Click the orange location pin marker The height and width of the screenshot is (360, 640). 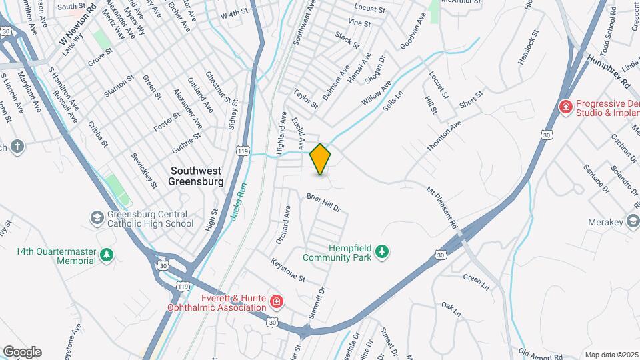pyautogui.click(x=321, y=159)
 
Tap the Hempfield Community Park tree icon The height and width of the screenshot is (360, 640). pyautogui.click(x=382, y=251)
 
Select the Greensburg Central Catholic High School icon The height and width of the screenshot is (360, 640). pyautogui.click(x=97, y=218)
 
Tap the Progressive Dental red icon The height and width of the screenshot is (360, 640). pyautogui.click(x=566, y=107)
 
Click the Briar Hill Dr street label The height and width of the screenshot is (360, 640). pyautogui.click(x=324, y=202)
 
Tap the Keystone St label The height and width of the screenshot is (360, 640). pyautogui.click(x=288, y=269)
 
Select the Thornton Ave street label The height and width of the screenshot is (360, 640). pyautogui.click(x=444, y=136)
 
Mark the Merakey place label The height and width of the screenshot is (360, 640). pyautogui.click(x=604, y=222)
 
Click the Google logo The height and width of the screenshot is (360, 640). pyautogui.click(x=21, y=352)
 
